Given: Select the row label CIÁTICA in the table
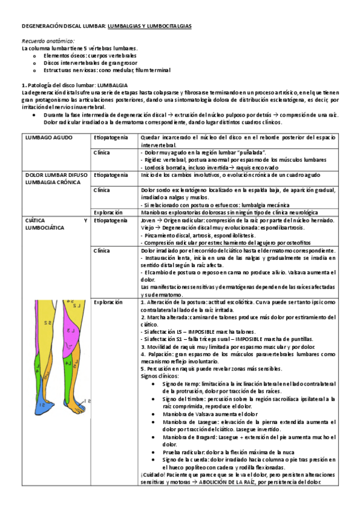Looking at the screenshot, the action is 35,221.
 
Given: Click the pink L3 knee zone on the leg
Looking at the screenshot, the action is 71,331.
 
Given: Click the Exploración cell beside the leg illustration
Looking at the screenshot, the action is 108,303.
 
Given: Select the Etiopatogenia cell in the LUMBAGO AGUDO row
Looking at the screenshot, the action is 111,138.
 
